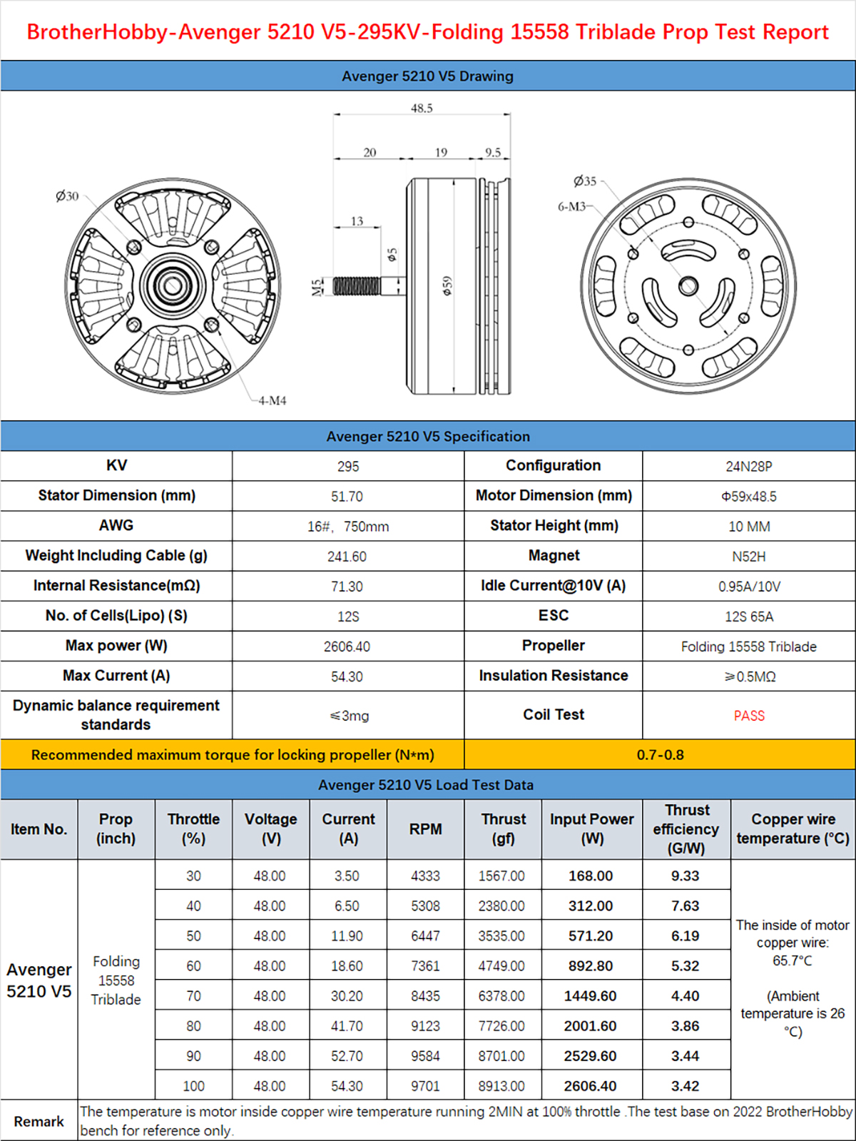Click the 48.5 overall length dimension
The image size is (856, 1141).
point(422,108)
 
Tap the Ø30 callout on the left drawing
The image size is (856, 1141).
point(67,196)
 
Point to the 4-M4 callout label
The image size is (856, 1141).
point(272,401)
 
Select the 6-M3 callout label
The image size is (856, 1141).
point(572,206)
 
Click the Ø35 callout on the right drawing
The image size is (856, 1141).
point(585,181)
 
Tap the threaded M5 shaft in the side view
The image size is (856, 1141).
point(357,286)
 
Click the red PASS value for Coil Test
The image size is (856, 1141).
point(749,716)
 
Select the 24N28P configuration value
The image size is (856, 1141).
point(749,467)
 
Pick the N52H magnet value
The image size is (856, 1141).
point(749,557)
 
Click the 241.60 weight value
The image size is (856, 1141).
point(347,557)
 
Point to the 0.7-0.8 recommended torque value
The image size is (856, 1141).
point(660,755)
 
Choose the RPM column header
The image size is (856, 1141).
point(425,829)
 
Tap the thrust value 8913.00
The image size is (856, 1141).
point(501,1086)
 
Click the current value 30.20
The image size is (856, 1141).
point(347,996)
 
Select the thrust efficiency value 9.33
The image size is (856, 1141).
point(685,876)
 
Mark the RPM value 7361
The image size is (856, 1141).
point(425,966)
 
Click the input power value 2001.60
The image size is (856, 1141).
point(590,1026)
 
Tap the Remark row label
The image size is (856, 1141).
point(39,1122)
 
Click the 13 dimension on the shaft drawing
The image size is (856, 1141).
point(357,221)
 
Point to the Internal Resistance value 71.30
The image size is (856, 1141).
point(347,587)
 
